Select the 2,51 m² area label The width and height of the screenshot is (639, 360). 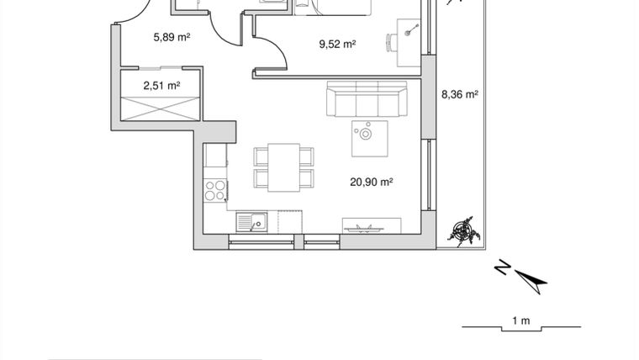pyautogui.click(x=161, y=85)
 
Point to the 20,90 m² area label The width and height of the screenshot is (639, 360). pyautogui.click(x=372, y=180)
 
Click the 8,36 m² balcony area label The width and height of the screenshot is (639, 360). pyautogui.click(x=459, y=95)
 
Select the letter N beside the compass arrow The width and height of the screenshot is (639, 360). pyautogui.click(x=501, y=269)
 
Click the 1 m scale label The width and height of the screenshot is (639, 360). pyautogui.click(x=520, y=320)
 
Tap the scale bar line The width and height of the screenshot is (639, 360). pyautogui.click(x=520, y=328)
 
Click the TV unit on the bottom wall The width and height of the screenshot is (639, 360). pyautogui.click(x=370, y=225)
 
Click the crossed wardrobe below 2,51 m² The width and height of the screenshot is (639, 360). pyautogui.click(x=161, y=110)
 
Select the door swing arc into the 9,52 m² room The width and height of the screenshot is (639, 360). pyautogui.click(x=272, y=54)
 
